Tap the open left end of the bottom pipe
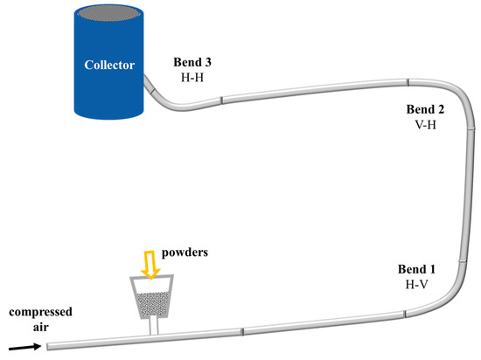49,346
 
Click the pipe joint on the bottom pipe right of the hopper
242,331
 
